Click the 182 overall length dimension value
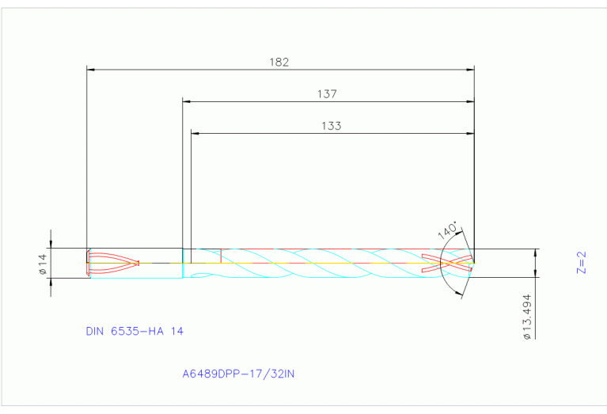[x=279, y=62]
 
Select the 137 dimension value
[x=327, y=93]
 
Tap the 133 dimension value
[x=332, y=126]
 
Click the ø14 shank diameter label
[x=43, y=264]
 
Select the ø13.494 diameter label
[x=527, y=317]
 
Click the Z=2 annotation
[x=582, y=263]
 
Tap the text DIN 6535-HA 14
[x=135, y=331]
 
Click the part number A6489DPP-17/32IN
[x=238, y=374]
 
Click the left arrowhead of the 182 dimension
[x=91, y=70]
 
